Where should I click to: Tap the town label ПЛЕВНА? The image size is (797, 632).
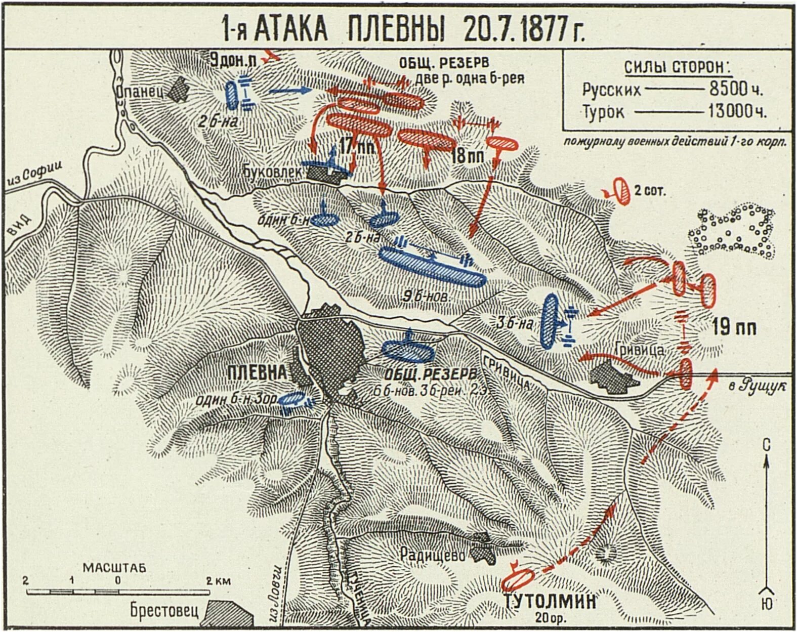pyautogui.click(x=257, y=372)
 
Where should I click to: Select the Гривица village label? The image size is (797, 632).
pyautogui.click(x=640, y=350)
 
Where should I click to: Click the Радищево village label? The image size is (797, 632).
pyautogui.click(x=433, y=554)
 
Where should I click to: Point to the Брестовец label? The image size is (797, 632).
pyautogui.click(x=164, y=610)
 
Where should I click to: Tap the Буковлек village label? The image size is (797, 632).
pyautogui.click(x=273, y=172)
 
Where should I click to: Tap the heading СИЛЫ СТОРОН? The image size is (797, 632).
pyautogui.click(x=677, y=67)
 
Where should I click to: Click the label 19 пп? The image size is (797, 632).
pyautogui.click(x=734, y=328)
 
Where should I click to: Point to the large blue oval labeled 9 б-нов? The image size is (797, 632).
pyautogui.click(x=433, y=267)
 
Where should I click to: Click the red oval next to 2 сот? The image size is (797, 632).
pyautogui.click(x=622, y=191)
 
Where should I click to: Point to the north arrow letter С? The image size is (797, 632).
pyautogui.click(x=766, y=445)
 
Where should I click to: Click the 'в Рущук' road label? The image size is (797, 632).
pyautogui.click(x=764, y=386)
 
